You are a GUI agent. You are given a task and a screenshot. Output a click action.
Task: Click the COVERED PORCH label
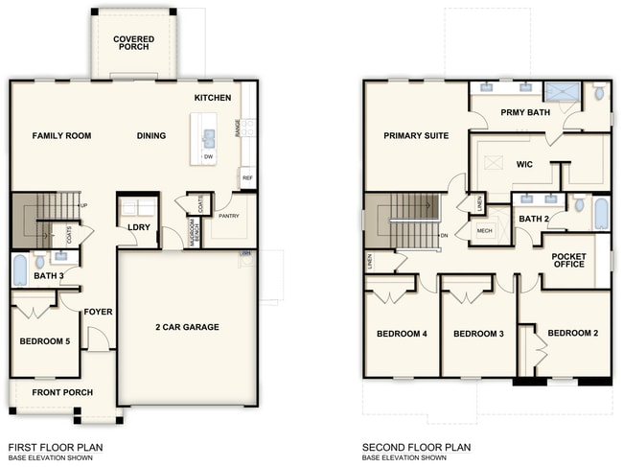tap(134, 43)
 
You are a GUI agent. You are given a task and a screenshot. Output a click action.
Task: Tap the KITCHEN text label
tap(213, 98)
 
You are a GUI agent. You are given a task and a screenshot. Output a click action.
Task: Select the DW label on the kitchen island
tap(208, 155)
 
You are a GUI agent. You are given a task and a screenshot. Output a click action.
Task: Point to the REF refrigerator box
tap(247, 178)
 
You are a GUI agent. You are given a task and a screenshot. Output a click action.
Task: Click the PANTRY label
tap(228, 216)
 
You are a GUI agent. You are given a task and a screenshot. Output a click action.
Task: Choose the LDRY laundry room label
tap(140, 227)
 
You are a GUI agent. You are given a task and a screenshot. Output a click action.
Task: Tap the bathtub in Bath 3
tap(20, 269)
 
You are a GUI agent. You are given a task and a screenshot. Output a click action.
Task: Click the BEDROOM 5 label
tap(44, 341)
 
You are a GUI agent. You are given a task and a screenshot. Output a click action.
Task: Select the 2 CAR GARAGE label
tap(187, 327)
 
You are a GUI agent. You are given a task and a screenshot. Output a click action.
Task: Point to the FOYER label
tap(98, 312)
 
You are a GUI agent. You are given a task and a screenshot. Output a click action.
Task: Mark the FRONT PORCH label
tap(61, 393)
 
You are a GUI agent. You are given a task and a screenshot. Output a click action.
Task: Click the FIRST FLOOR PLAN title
tap(55, 447)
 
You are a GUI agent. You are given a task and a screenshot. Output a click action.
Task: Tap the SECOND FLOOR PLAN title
tap(416, 447)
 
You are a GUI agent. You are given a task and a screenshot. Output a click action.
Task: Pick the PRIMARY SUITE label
tap(416, 136)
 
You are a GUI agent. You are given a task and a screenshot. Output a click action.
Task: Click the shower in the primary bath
tap(562, 92)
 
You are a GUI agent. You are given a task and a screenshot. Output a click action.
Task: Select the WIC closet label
tap(524, 164)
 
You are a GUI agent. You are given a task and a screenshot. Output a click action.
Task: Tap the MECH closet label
tap(484, 231)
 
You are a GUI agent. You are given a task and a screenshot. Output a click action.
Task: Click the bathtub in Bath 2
tap(601, 213)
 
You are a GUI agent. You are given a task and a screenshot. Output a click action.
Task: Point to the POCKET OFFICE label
tap(568, 259)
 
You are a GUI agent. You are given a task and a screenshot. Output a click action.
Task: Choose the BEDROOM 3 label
tap(478, 334)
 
